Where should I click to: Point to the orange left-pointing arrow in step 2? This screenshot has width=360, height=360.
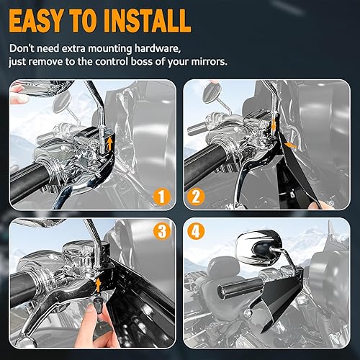coord(290,145)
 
